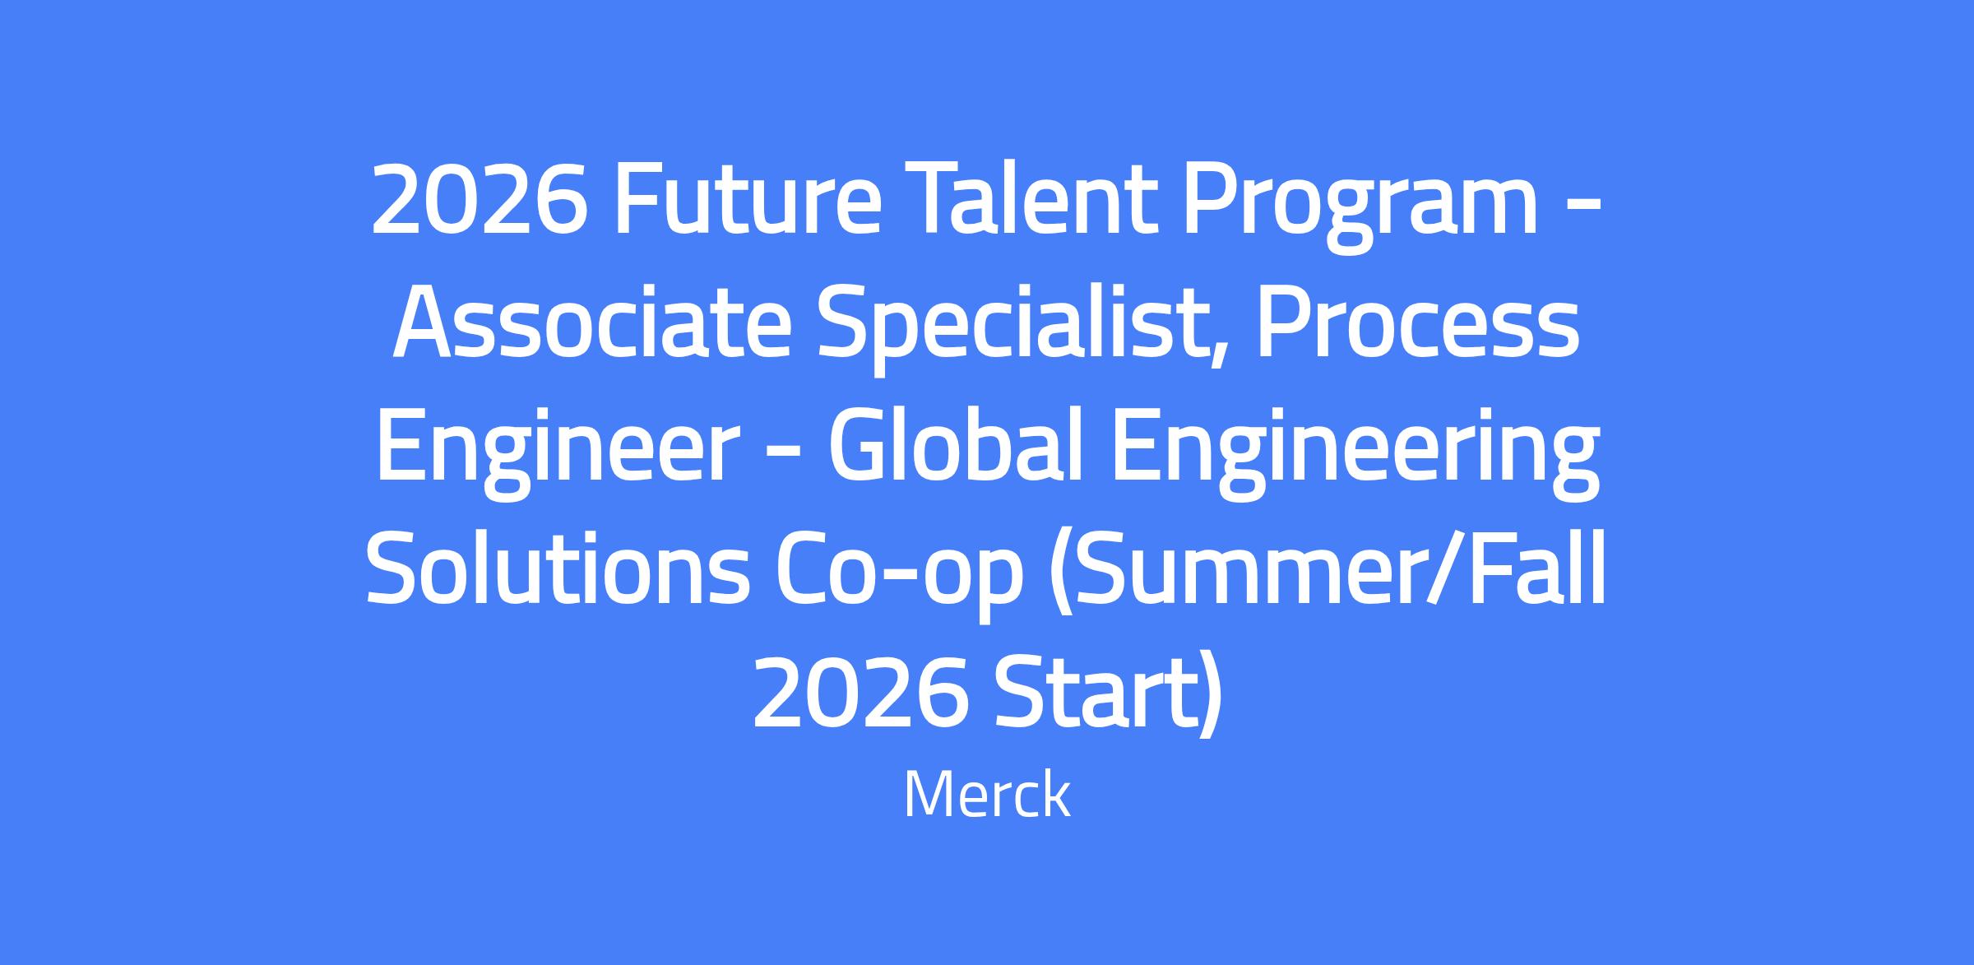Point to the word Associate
591,323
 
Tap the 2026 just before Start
860,693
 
